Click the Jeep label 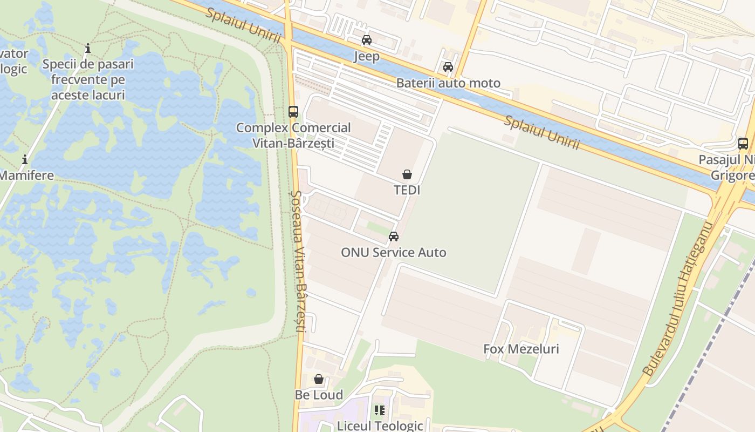[x=367, y=56]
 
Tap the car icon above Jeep [x=367, y=40]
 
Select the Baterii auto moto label [x=448, y=83]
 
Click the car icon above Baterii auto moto [x=448, y=67]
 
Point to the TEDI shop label [x=407, y=190]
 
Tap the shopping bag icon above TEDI [x=407, y=174]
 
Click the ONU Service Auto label [x=394, y=252]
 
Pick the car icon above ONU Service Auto [x=394, y=237]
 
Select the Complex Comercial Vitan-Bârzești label [x=293, y=136]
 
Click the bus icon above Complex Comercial [x=293, y=112]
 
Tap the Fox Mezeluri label [x=521, y=349]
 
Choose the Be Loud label [x=319, y=395]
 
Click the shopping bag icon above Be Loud [x=319, y=379]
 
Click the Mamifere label [x=26, y=175]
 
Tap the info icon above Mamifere [x=25, y=160]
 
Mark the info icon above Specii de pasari [x=88, y=49]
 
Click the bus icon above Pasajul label [x=743, y=144]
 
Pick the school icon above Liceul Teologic [x=380, y=411]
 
